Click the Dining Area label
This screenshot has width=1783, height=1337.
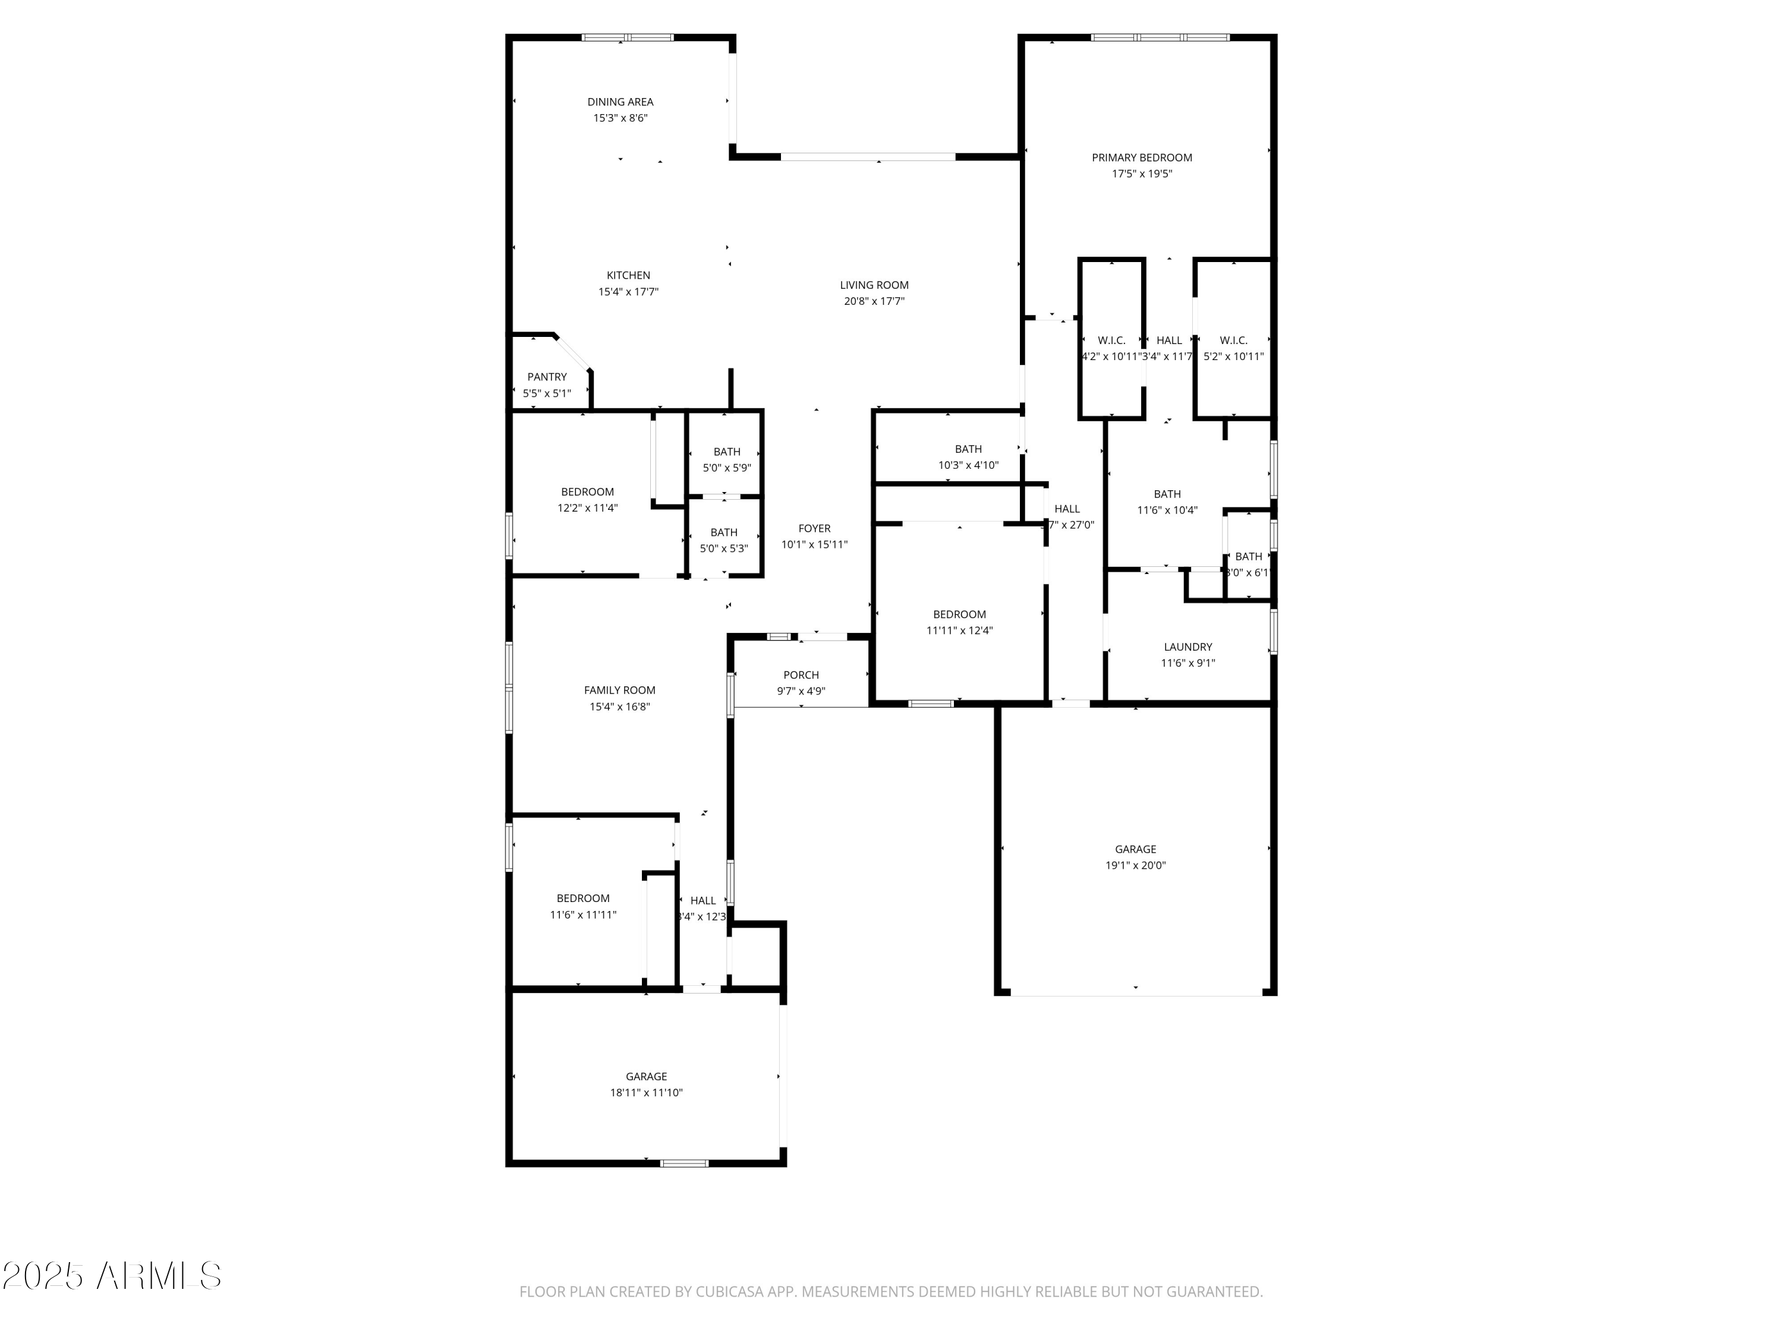click(620, 102)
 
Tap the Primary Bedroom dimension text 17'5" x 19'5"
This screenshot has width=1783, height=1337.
click(1141, 174)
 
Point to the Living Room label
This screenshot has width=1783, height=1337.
click(874, 285)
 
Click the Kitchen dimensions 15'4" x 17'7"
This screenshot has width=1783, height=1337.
click(628, 292)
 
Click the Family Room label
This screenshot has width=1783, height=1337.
click(619, 690)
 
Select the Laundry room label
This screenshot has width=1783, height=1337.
click(1187, 647)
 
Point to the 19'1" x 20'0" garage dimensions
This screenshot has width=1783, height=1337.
click(1135, 866)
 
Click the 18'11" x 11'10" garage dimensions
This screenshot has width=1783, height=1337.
click(645, 1093)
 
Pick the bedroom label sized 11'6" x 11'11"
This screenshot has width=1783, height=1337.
click(583, 898)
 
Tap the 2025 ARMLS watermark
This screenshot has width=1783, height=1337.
click(111, 1276)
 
